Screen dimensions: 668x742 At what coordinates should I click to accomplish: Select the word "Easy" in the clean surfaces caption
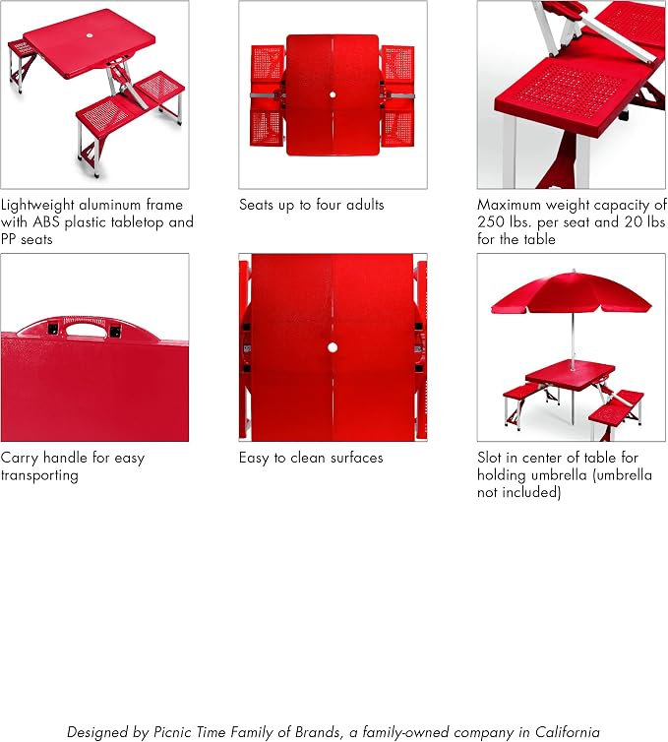[x=254, y=458]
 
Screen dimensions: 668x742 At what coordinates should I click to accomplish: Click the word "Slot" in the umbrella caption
[x=489, y=458]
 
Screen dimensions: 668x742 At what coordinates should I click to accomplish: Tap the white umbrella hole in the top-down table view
[x=333, y=94]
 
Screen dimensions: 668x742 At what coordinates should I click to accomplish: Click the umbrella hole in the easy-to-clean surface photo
[x=333, y=347]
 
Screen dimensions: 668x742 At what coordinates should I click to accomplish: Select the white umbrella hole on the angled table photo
[x=90, y=35]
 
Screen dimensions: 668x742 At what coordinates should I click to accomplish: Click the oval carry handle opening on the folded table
[x=86, y=329]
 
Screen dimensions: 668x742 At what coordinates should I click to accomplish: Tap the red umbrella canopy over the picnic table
[x=571, y=292]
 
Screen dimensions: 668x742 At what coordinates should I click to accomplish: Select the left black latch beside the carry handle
[x=53, y=329]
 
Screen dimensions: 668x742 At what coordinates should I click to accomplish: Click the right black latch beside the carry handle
[x=115, y=332]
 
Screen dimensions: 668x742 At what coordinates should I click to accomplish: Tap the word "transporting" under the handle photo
[x=39, y=475]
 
